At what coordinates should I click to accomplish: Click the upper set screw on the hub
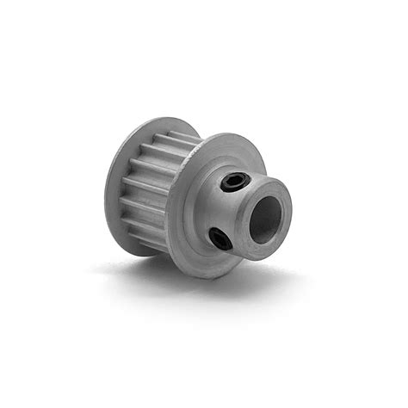(x=235, y=181)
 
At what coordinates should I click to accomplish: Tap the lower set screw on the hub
(x=220, y=238)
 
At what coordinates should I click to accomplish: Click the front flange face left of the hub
(x=185, y=215)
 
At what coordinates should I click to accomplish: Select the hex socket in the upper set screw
(x=235, y=181)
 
